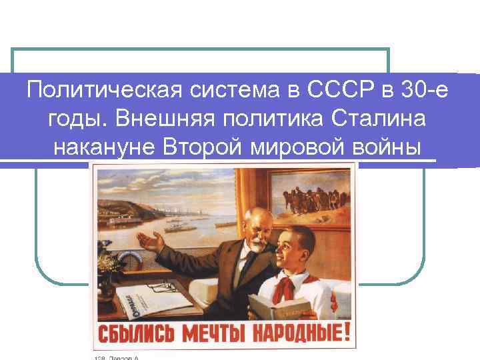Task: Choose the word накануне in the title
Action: tap(103, 146)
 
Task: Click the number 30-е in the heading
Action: tap(424, 89)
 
